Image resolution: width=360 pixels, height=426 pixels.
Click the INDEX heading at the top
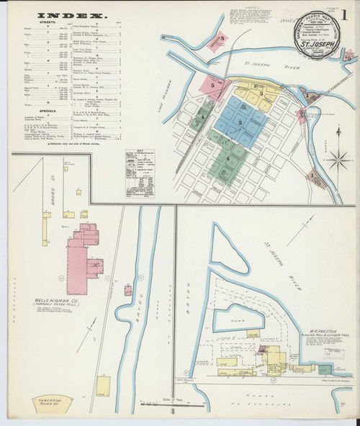point(60,15)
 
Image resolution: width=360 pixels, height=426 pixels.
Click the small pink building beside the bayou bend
point(127,290)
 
